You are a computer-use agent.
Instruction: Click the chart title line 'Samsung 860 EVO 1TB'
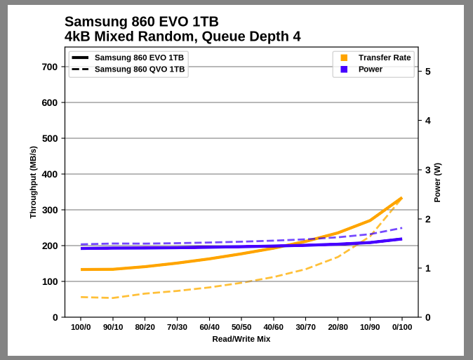pyautogui.click(x=141, y=21)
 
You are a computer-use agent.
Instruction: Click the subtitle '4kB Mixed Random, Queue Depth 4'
pyautogui.click(x=182, y=36)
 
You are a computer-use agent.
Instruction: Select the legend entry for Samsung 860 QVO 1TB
pyautogui.click(x=140, y=69)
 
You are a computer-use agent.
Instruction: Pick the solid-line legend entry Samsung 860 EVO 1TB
pyautogui.click(x=139, y=58)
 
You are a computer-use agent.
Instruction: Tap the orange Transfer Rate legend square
pyautogui.click(x=344, y=58)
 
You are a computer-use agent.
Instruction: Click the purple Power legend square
pyautogui.click(x=344, y=69)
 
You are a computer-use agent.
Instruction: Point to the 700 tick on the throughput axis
pyautogui.click(x=50, y=67)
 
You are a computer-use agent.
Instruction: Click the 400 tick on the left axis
pyautogui.click(x=50, y=174)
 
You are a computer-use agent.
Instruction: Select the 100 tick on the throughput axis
pyautogui.click(x=50, y=281)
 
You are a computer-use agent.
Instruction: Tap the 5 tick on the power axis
pyautogui.click(x=427, y=72)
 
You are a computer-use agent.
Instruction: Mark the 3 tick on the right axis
pyautogui.click(x=427, y=170)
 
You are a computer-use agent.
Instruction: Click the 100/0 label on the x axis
pyautogui.click(x=81, y=327)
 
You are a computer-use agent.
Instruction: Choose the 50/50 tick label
pyautogui.click(x=241, y=327)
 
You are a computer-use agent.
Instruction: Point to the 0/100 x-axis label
pyautogui.click(x=402, y=327)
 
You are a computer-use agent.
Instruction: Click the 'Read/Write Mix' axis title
pyautogui.click(x=241, y=339)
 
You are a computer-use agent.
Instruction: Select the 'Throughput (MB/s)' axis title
pyautogui.click(x=33, y=182)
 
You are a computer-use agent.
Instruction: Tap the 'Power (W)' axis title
pyautogui.click(x=437, y=182)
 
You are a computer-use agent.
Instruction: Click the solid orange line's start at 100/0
pyautogui.click(x=81, y=269)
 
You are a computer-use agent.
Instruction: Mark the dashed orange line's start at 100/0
pyautogui.click(x=81, y=297)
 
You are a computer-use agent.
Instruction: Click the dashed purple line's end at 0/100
pyautogui.click(x=401, y=227)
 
